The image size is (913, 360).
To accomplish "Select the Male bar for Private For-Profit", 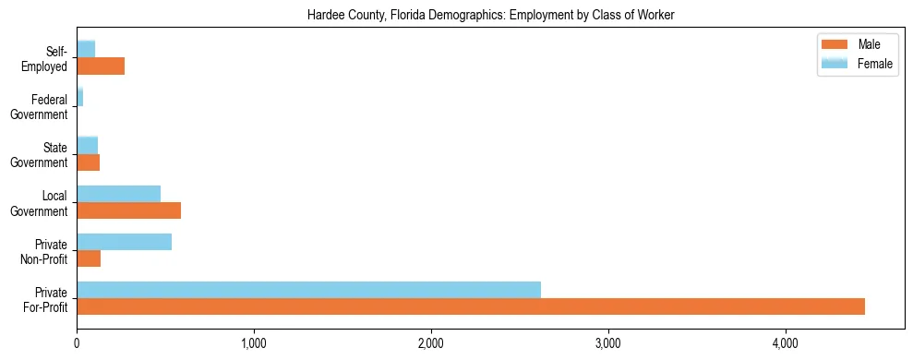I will pyautogui.click(x=471, y=306).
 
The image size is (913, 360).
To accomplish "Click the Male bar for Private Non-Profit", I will pyautogui.click(x=89, y=258).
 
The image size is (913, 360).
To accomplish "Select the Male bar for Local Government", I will pyautogui.click(x=128, y=210).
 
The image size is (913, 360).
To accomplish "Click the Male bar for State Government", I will pyautogui.click(x=88, y=162).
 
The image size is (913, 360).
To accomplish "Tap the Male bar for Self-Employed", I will pyautogui.click(x=101, y=66).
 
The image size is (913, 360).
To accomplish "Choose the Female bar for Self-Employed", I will pyautogui.click(x=86, y=49).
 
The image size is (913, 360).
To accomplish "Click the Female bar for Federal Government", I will pyautogui.click(x=80, y=97).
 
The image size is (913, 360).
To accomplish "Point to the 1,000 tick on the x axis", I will pyautogui.click(x=254, y=343).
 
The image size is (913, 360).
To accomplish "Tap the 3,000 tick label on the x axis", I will pyautogui.click(x=608, y=343).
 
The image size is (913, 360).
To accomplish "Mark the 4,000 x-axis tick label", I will pyautogui.click(x=786, y=343).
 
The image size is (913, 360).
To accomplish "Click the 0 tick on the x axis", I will pyautogui.click(x=77, y=343).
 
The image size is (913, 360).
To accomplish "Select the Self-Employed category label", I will pyautogui.click(x=46, y=58).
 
